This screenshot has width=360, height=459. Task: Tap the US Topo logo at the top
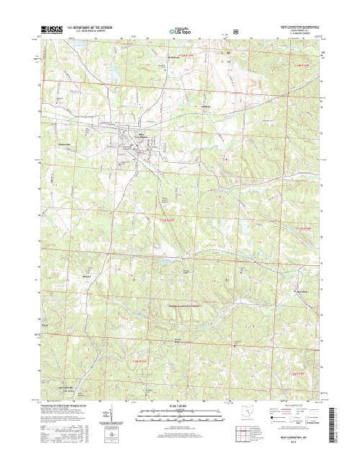pos(179,32)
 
